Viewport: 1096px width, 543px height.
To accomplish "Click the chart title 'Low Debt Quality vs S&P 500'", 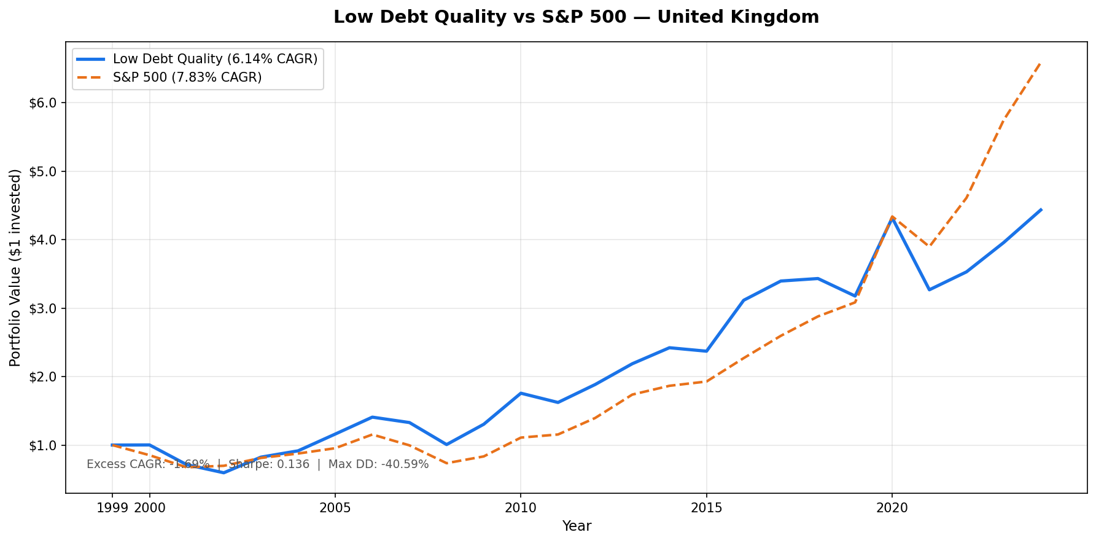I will (576, 17).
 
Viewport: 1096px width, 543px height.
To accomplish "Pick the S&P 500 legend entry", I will (187, 77).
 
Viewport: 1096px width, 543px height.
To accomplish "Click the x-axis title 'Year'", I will (577, 526).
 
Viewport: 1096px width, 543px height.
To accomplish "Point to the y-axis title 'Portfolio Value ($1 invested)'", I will (15, 267).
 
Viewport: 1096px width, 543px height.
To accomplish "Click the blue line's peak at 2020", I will (892, 218).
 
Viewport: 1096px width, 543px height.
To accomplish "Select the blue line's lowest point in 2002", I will (223, 472).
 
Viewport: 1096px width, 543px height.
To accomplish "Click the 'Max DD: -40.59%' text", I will (378, 464).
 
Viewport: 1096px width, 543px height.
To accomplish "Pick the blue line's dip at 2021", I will (929, 289).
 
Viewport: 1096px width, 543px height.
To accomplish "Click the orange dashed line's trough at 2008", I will (446, 463).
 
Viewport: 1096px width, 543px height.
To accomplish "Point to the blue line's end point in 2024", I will (1041, 210).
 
